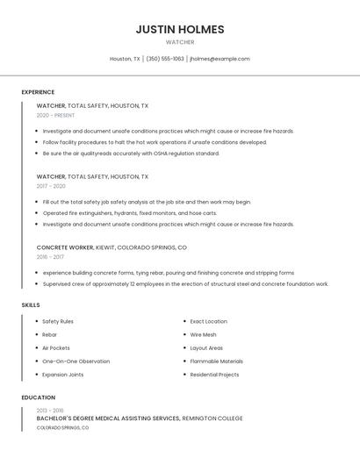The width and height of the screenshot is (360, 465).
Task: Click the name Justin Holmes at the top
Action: point(180,29)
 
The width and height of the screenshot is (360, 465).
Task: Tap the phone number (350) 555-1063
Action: point(165,59)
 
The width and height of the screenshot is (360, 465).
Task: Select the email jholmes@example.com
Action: point(220,59)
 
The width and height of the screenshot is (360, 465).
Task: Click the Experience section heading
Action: point(38,92)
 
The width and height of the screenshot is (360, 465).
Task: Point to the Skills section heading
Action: point(31,304)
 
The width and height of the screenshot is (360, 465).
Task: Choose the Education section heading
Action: point(39,397)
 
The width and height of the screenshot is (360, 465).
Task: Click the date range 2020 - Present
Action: point(55,115)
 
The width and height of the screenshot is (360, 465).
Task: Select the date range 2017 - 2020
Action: point(51,186)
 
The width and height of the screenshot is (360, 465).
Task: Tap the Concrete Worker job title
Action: point(65,247)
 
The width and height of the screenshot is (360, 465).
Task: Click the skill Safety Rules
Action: point(58,321)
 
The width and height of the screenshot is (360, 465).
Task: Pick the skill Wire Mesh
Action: point(203,334)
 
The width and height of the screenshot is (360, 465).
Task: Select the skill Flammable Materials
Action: point(216,361)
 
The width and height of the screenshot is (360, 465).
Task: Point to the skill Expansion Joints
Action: point(63,375)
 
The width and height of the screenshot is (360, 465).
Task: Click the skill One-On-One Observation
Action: point(76,361)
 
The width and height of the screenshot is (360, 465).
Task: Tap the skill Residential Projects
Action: point(214,375)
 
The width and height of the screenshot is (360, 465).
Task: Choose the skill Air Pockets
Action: point(56,347)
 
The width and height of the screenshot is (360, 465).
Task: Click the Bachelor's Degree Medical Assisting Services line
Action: point(140,418)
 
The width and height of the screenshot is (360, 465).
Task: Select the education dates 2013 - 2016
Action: point(50,410)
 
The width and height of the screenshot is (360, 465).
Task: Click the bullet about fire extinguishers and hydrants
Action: point(129,213)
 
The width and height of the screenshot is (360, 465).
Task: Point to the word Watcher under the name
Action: point(180,42)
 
